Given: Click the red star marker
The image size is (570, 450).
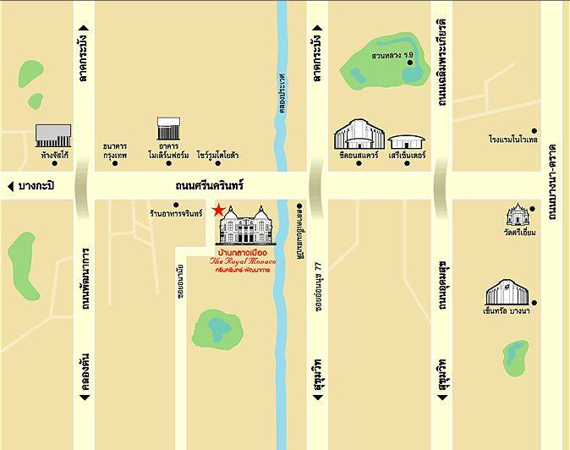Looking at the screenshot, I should click(219, 209).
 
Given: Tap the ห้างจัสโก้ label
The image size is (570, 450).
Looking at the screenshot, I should click(53, 155).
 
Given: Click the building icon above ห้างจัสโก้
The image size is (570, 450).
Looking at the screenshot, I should click(52, 135).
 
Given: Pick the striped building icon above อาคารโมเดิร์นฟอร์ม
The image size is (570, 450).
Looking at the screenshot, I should click(168, 129).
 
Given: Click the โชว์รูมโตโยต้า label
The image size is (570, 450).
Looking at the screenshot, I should click(218, 156).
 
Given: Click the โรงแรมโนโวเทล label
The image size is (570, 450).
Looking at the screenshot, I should click(513, 139).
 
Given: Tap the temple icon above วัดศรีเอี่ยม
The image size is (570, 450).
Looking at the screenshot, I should click(517, 214).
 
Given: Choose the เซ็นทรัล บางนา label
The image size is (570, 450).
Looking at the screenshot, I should click(507, 313).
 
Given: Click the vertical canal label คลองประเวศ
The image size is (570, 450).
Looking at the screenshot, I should click(282, 91).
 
